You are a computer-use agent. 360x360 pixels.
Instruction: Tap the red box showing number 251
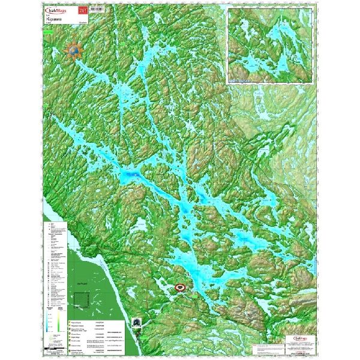click(x=92, y=11)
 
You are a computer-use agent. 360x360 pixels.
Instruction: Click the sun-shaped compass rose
click(x=75, y=50)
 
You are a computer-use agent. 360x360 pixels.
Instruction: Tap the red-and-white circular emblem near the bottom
click(x=181, y=288)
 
